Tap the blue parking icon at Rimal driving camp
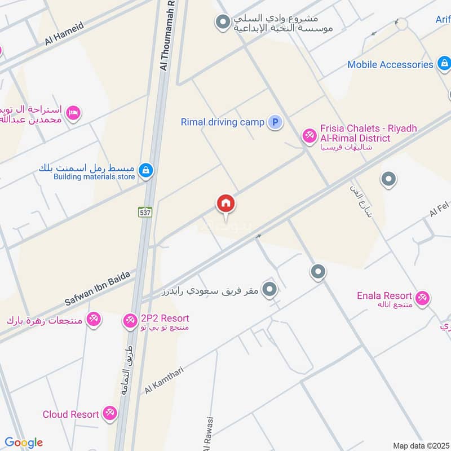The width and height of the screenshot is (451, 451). click(275, 122)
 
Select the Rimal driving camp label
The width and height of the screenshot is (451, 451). click(222, 122)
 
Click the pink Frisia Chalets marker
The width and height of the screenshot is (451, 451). click(309, 135)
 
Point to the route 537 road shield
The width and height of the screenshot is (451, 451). click(145, 212)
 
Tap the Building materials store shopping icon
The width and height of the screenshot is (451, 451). click(145, 170)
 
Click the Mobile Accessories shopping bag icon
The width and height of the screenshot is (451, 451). click(444, 64)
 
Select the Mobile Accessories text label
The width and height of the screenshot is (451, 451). click(390, 64)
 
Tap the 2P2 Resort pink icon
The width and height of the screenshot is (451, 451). click(130, 320)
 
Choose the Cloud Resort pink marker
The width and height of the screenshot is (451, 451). click(110, 414)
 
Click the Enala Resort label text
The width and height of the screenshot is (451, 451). click(384, 296)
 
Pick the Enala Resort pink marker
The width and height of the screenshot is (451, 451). click(422, 297)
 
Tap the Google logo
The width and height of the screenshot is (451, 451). click(24, 443)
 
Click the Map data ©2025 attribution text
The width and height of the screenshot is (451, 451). click(420, 446)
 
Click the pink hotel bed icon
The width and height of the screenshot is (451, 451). click(73, 113)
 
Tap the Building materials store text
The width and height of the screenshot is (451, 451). click(94, 177)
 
